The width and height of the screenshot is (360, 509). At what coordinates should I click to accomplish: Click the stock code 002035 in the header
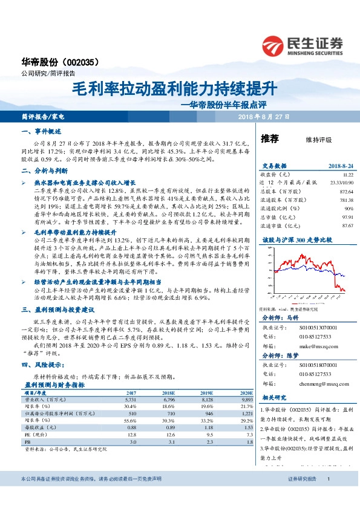[x=85, y=62]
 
